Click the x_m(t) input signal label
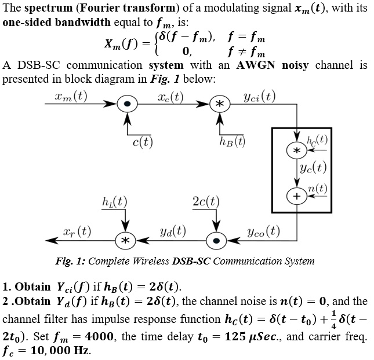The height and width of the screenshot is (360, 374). [67, 95]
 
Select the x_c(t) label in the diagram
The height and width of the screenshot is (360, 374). [170, 95]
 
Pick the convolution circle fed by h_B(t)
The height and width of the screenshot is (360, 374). [219, 105]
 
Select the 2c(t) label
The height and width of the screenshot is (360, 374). [206, 203]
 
